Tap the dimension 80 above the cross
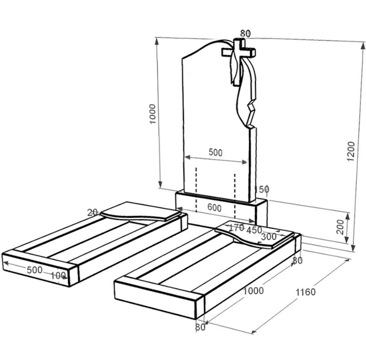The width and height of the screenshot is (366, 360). coord(245,34)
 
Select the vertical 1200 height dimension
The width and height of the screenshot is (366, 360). coord(351,151)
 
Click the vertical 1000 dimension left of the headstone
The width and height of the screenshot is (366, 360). coord(152,114)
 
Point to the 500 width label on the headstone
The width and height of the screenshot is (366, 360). coord(216,152)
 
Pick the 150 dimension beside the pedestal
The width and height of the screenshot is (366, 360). coord(262,189)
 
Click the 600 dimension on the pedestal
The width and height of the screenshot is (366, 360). coord(214,208)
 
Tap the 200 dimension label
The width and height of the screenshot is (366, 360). coord(340,227)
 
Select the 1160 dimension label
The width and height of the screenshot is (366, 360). coord(306,292)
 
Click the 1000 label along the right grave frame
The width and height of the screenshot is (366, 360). coord(254,291)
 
